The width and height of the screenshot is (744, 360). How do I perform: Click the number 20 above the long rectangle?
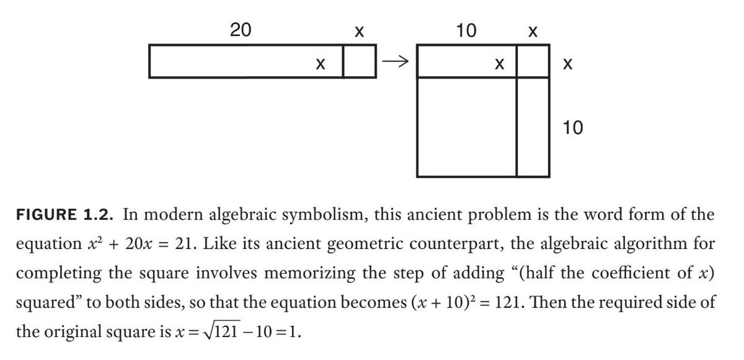tap(241, 29)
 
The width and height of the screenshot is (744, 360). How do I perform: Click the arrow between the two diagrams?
tap(396, 61)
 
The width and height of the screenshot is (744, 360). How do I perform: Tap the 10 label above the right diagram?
tap(466, 29)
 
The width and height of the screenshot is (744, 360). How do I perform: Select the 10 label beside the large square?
tap(573, 128)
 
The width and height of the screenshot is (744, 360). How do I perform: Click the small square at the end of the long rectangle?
tap(359, 61)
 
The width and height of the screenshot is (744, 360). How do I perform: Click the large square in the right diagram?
tap(467, 126)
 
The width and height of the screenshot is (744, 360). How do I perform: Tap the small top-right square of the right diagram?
tap(533, 61)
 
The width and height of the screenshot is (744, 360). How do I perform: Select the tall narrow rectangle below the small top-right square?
tap(533, 126)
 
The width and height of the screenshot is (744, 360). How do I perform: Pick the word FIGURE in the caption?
tap(46, 216)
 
